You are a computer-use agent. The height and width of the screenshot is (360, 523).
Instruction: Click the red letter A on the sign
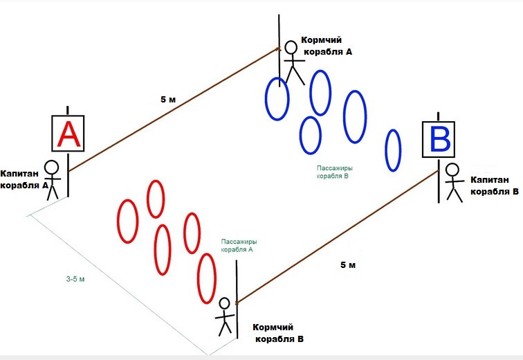68,134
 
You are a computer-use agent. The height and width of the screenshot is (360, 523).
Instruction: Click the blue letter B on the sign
439,139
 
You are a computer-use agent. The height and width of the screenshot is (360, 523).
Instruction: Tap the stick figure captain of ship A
52,179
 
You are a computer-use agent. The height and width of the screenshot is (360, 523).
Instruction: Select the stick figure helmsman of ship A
293,62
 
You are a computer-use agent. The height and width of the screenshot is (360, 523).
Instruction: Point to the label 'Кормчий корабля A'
327,46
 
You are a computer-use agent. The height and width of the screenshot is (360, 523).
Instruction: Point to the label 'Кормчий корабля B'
278,333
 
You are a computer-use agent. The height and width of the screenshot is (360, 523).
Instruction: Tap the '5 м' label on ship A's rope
168,100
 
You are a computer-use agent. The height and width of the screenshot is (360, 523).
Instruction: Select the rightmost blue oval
393,150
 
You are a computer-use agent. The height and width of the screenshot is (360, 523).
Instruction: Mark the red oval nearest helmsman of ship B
206,279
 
